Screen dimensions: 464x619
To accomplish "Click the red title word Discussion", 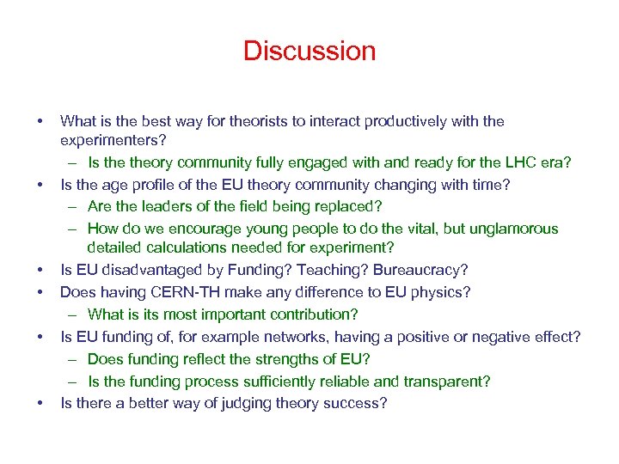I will pos(309,51).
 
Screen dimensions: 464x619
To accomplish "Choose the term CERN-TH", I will pos(191,292).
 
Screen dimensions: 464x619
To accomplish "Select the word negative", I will pos(500,337).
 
